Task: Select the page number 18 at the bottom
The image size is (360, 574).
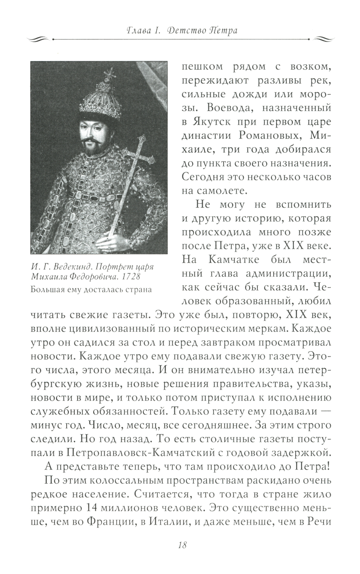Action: [x=182, y=545]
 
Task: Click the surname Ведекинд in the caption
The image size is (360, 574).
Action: [x=75, y=267]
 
